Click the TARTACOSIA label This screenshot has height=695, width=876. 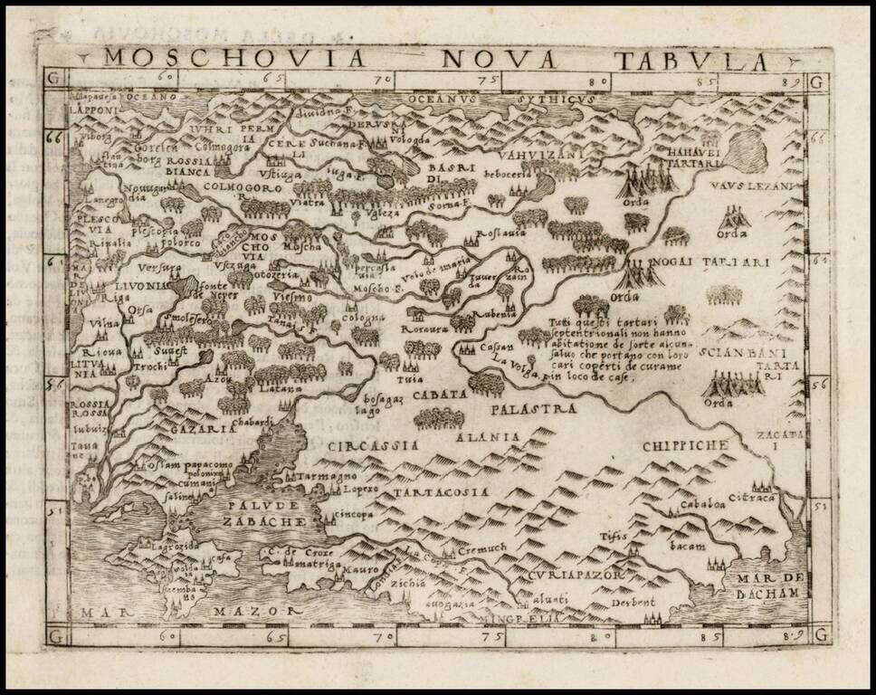click(x=441, y=491)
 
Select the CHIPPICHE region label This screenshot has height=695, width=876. click(x=685, y=445)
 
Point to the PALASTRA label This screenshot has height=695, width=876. click(x=534, y=409)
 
